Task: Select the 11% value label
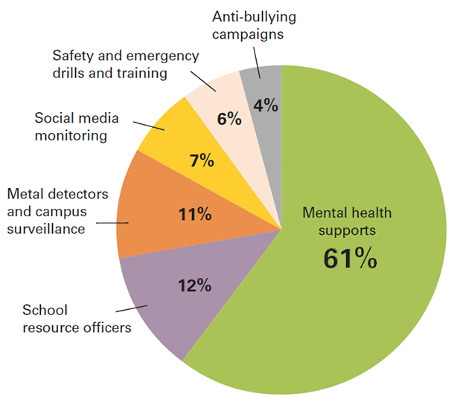pos(195,216)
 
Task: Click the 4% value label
pos(266,106)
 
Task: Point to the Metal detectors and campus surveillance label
pos(58,212)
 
